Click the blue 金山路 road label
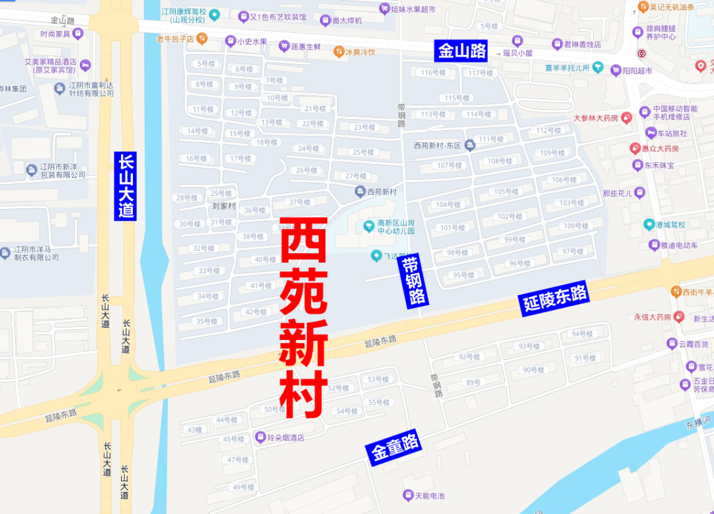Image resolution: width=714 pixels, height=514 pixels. click(461, 51)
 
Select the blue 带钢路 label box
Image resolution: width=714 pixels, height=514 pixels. click(414, 280)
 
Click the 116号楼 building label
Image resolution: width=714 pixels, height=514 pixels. click(434, 73)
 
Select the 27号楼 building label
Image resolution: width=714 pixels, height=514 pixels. click(356, 176)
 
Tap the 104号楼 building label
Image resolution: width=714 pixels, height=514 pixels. click(448, 204)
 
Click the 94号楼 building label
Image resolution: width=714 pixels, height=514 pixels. click(582, 334)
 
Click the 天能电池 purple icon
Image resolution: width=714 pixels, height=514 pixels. click(408, 495)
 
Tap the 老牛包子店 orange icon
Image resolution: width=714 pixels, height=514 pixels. click(202, 38)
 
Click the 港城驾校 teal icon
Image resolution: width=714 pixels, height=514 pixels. click(649, 225)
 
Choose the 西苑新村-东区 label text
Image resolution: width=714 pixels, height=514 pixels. click(436, 146)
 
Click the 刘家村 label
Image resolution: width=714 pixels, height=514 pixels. click(224, 206)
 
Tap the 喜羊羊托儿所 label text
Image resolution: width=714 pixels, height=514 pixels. click(568, 67)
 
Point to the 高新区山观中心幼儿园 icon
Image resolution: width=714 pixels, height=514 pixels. click(369, 227)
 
